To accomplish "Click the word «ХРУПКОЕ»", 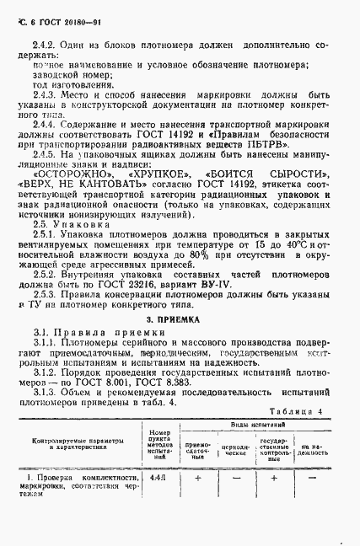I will [159, 172].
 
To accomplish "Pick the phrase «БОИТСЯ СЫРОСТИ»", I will [255, 172].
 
